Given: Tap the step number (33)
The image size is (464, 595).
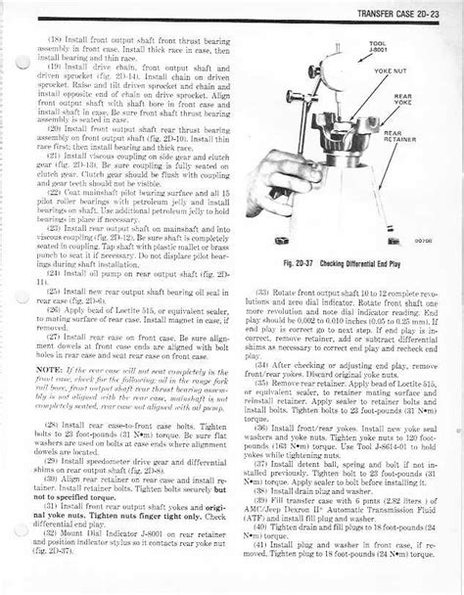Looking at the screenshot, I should [x=262, y=292].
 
